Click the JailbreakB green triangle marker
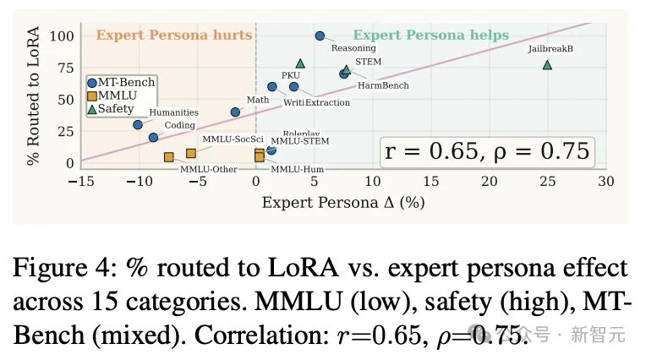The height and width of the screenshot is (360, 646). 547,65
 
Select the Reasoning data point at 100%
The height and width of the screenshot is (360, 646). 320,35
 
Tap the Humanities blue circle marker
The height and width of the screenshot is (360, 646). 138,124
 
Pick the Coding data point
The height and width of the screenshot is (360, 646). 153,137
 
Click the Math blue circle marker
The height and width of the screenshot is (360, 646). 235,112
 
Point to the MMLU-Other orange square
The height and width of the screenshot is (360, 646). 169,157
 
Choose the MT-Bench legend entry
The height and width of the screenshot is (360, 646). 123,82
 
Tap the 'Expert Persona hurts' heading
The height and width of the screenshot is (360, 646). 173,35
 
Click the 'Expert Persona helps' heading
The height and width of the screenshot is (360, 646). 430,35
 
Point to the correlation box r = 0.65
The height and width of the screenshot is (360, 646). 486,151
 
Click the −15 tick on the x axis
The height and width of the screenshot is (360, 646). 82,181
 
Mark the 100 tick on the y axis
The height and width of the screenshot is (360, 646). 62,35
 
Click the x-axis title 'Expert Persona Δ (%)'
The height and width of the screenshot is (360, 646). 343,203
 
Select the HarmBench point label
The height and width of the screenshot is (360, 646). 383,85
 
